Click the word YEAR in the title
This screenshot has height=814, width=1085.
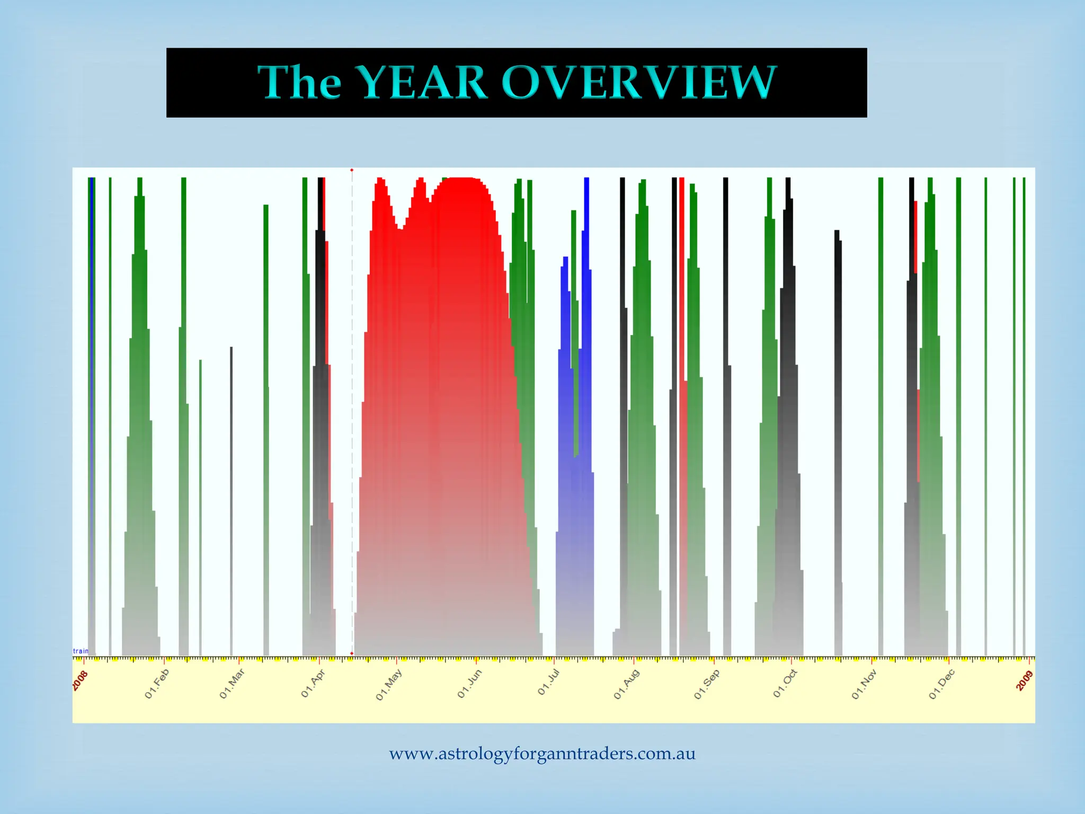click(x=421, y=83)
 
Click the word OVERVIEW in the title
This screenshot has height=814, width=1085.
click(x=638, y=83)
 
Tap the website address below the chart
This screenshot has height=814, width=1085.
click(x=542, y=754)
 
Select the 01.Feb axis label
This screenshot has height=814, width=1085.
click(x=157, y=684)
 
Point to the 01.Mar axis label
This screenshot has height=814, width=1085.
click(x=232, y=684)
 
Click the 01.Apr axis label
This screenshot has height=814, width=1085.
click(x=313, y=684)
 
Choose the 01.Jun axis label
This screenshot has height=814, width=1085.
click(x=469, y=684)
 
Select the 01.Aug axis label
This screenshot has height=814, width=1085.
click(x=627, y=684)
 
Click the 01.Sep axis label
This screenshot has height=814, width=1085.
click(x=707, y=684)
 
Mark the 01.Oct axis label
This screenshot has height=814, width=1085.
click(x=785, y=684)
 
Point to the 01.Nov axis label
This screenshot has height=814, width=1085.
click(x=864, y=684)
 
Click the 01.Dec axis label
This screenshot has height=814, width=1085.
click(x=942, y=684)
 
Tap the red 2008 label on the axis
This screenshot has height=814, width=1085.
click(x=81, y=680)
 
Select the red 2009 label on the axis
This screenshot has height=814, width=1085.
click(x=1025, y=680)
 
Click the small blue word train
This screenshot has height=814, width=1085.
click(x=81, y=651)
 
